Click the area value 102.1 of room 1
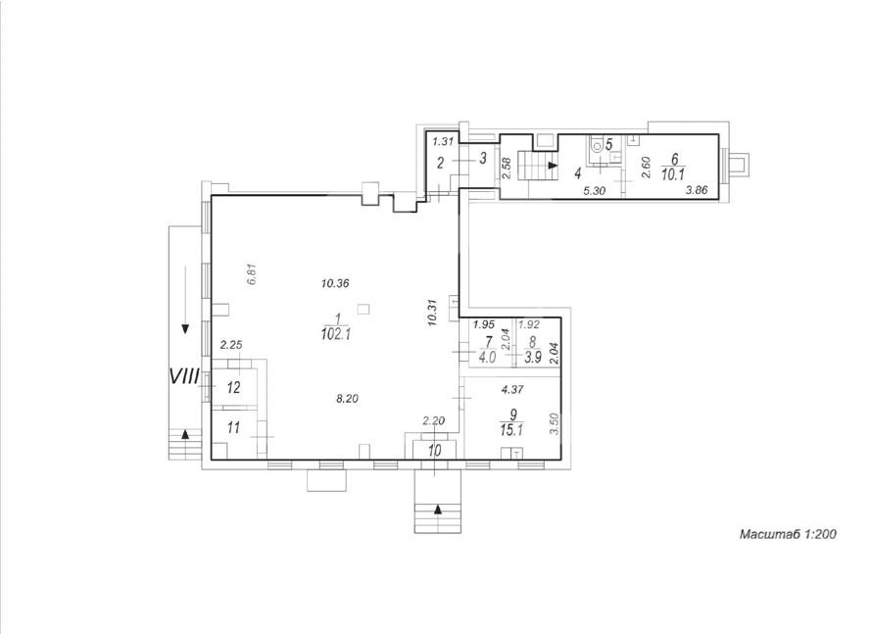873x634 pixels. tap(336, 335)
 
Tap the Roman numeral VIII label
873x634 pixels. tap(184, 377)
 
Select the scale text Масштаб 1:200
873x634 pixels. tap(788, 534)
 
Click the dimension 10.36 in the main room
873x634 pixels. tap(335, 283)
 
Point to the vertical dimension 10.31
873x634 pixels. tap(434, 313)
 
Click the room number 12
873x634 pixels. tap(233, 387)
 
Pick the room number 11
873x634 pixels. tap(233, 427)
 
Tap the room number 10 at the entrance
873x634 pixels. tap(435, 450)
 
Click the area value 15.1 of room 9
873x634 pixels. tap(511, 429)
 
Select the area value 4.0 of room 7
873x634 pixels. tap(487, 358)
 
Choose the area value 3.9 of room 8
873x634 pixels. tap(533, 358)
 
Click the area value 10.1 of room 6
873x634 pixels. tap(673, 175)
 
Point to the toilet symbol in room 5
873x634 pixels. tap(596, 147)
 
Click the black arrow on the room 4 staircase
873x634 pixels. tap(553, 166)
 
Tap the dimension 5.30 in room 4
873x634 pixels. tap(594, 191)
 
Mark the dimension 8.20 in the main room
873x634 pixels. tap(348, 399)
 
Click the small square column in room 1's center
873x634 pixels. tap(364, 309)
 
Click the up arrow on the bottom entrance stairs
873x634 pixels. tap(438, 509)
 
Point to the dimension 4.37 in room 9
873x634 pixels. tap(512, 390)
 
